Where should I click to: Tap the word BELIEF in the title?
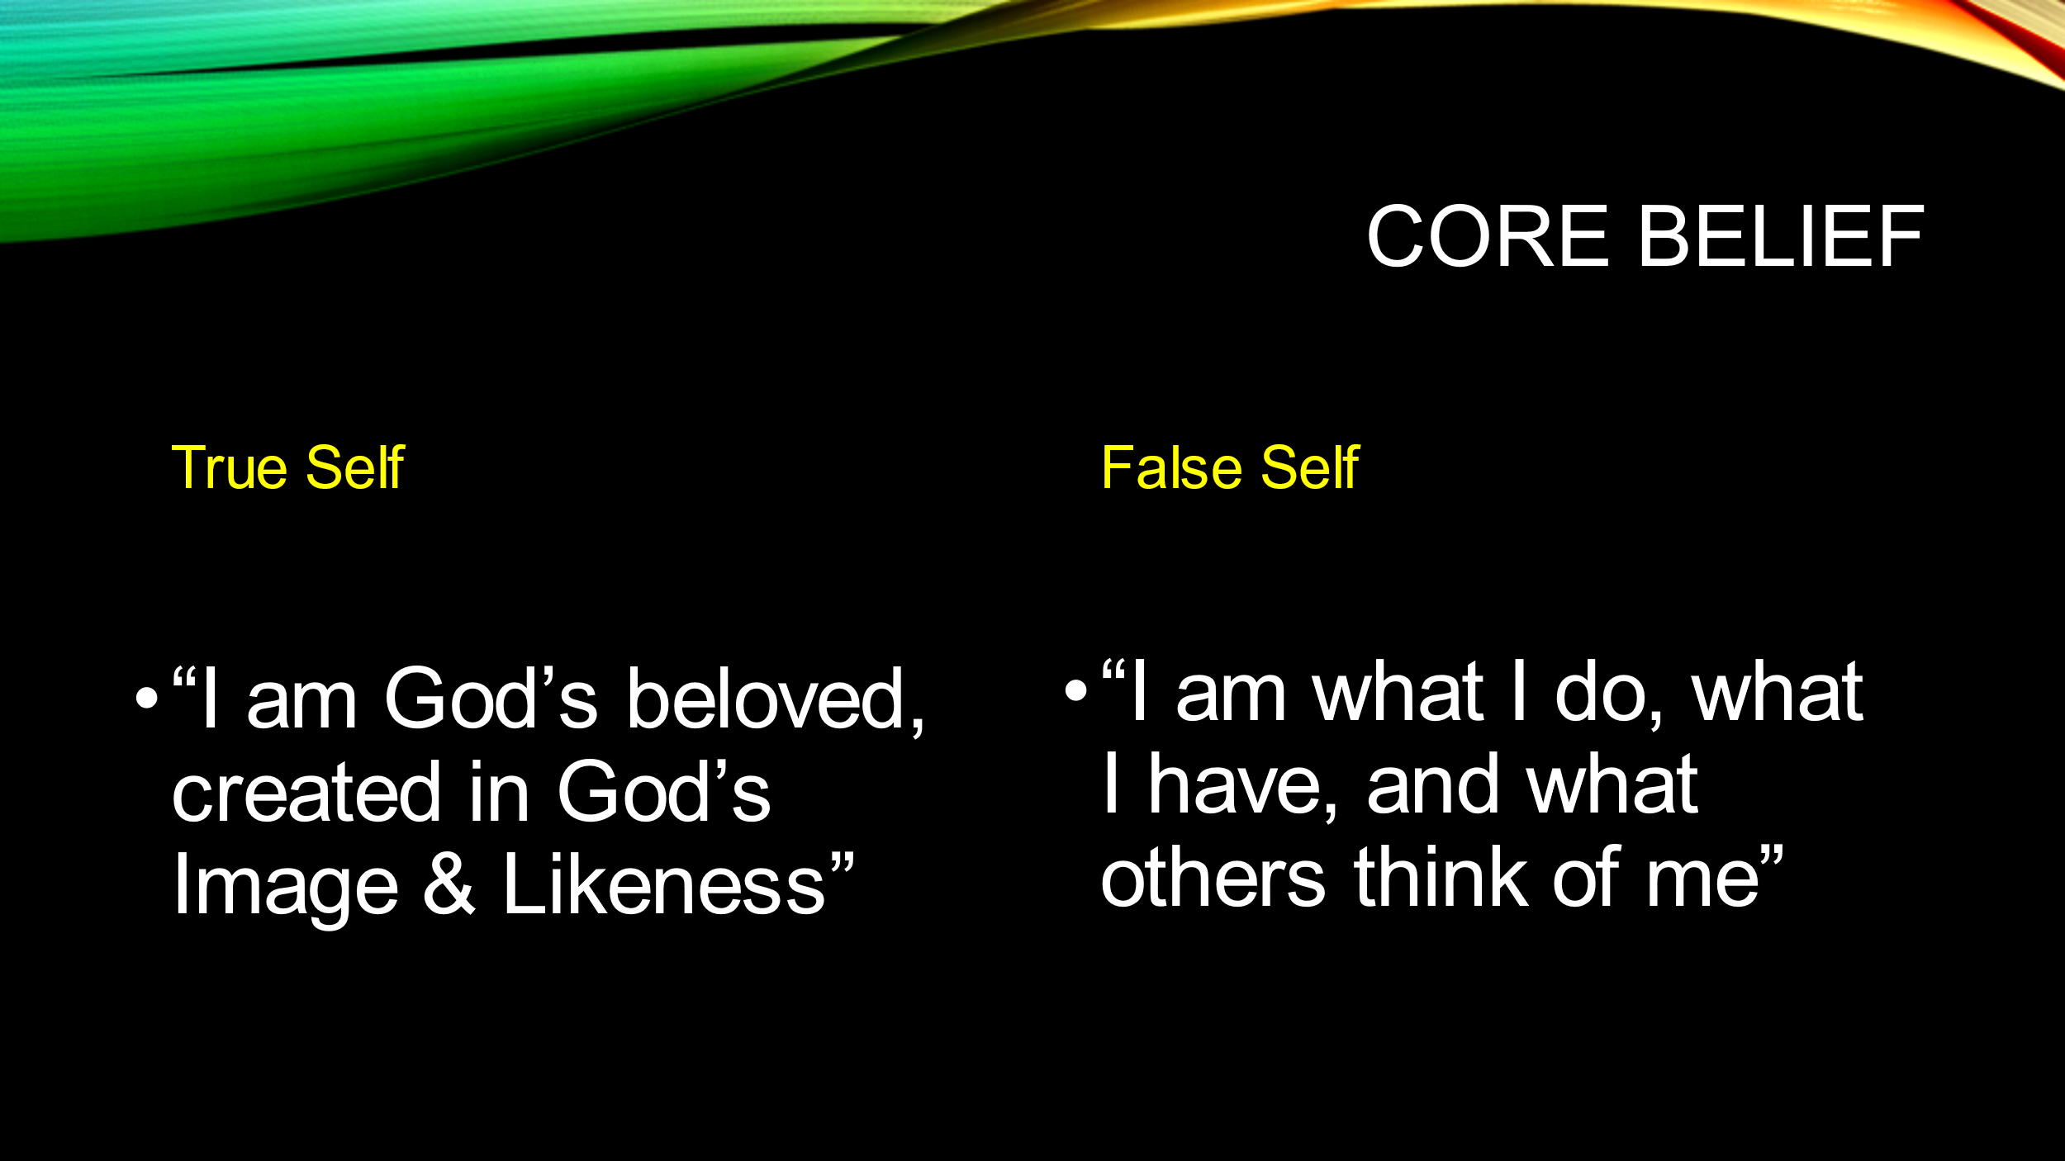[1782, 237]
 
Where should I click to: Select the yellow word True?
[229, 468]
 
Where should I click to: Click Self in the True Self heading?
[355, 468]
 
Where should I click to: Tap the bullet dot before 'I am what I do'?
[1076, 690]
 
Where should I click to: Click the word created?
[306, 793]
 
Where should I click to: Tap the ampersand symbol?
[449, 884]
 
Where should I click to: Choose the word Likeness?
[664, 884]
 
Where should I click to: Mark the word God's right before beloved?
[491, 698]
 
